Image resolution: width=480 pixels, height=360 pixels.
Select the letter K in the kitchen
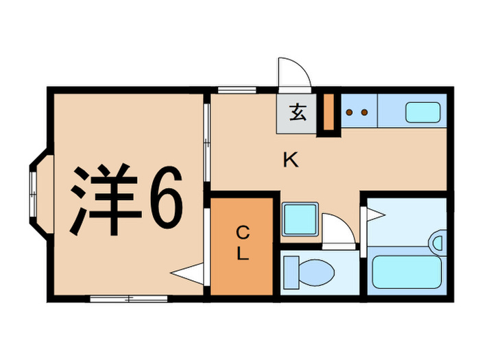pyautogui.click(x=291, y=161)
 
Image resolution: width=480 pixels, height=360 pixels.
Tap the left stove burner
pyautogui.click(x=351, y=112)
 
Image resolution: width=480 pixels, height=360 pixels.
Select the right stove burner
pyautogui.click(x=365, y=112)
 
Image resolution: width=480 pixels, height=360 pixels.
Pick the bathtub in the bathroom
pyautogui.click(x=405, y=272)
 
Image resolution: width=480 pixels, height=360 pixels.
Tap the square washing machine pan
pyautogui.click(x=299, y=219)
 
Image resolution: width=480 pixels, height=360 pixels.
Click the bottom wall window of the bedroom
pyautogui.click(x=128, y=298)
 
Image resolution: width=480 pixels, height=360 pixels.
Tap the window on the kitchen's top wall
pyautogui.click(x=236, y=90)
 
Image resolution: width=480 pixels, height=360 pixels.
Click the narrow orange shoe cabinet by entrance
pyautogui.click(x=328, y=112)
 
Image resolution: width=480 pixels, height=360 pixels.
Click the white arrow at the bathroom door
pyautogui.click(x=376, y=215)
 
